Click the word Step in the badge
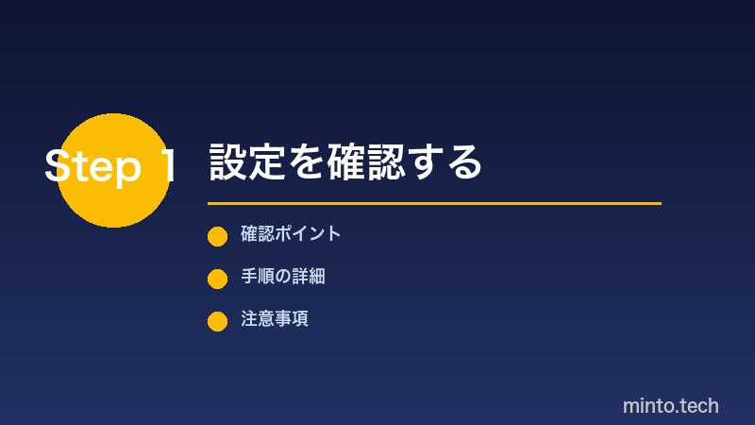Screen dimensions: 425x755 (92, 167)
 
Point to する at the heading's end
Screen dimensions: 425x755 (452, 162)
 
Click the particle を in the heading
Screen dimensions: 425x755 (299, 162)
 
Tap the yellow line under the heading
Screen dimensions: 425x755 (434, 203)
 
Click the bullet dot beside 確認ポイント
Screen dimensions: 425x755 (217, 236)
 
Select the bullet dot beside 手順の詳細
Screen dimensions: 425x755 (217, 279)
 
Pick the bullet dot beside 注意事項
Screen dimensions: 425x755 (217, 321)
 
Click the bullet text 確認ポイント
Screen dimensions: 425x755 (291, 234)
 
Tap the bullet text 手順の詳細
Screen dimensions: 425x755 (283, 277)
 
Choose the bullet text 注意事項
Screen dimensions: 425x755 (275, 319)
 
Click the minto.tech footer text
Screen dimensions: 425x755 (670, 406)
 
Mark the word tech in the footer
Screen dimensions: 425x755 (696, 406)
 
